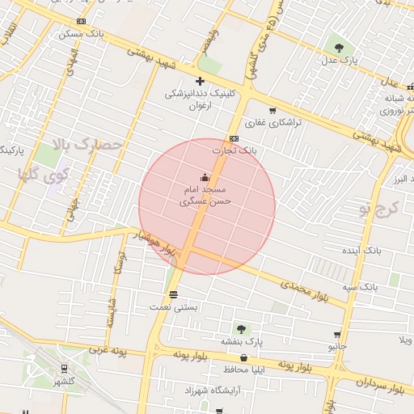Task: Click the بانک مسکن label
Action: [82, 34]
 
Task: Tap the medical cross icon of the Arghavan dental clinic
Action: [200, 81]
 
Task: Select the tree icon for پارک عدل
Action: [338, 46]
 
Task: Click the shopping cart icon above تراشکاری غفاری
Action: [272, 111]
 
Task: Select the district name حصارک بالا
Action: [87, 146]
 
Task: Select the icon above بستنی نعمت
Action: [173, 293]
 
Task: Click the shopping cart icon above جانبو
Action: [337, 334]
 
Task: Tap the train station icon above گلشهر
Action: [63, 368]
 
